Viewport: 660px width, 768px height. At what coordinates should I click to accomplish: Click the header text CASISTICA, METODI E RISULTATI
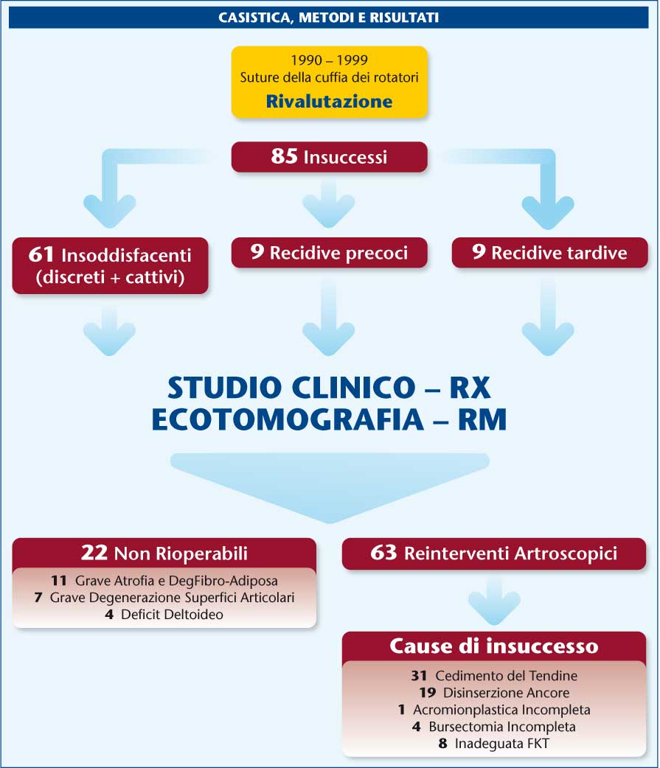coord(328,18)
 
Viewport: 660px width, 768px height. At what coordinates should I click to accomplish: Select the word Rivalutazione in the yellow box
coord(330,102)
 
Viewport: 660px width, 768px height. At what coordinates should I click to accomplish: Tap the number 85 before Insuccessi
coord(284,156)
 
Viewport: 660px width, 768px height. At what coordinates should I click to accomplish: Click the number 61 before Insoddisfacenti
coord(41,254)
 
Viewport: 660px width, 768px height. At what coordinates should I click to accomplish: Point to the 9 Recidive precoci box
coord(330,253)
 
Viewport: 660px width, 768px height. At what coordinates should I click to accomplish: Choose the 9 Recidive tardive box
coord(550,253)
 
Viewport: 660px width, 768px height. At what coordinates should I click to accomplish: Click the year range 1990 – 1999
coord(330,60)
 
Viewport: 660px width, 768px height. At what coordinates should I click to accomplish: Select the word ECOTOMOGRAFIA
coord(288,420)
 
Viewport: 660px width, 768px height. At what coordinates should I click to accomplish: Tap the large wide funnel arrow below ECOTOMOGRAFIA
coord(330,485)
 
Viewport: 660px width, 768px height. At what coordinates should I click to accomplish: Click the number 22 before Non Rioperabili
coord(94,553)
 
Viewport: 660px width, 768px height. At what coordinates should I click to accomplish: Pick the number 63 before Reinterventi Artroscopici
coord(383,553)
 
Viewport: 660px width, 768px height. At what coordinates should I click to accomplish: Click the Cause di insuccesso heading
coord(494,646)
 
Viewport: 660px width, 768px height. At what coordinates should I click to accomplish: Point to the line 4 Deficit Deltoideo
coord(164,614)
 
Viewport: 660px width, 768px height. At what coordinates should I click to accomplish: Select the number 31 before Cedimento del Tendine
coord(419,676)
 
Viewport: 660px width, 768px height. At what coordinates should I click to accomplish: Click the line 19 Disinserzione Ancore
coord(494,693)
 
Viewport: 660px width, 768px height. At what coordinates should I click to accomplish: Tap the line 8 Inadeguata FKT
coord(494,744)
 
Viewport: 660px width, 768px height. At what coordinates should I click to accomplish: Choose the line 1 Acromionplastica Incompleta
coord(494,710)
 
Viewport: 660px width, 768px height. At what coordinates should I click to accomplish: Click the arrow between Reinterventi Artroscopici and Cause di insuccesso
coord(494,601)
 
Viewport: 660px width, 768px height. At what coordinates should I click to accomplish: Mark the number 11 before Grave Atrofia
coord(59,581)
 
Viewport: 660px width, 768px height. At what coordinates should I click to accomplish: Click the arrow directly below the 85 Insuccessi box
coord(329,203)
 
